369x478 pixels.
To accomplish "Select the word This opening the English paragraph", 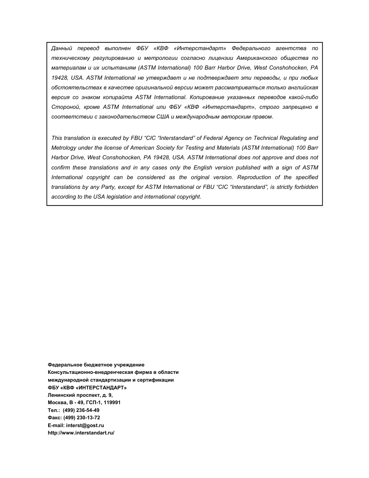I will click(57, 138).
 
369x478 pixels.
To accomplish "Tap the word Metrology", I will click(63, 148).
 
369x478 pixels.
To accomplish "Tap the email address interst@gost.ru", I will click(85, 426).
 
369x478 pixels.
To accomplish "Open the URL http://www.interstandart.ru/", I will click(81, 433).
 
